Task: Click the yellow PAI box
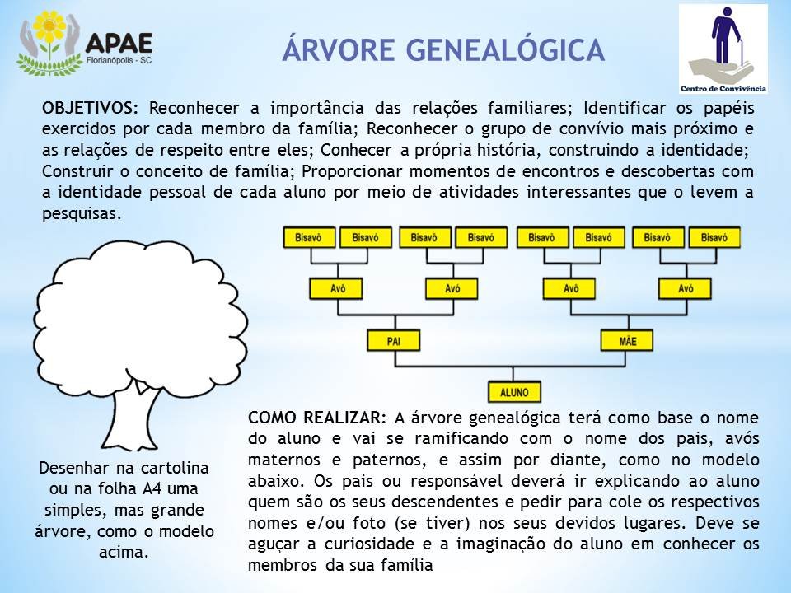pyautogui.click(x=394, y=341)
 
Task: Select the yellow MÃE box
pyautogui.click(x=627, y=341)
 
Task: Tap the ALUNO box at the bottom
pyautogui.click(x=514, y=392)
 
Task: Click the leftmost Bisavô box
pyautogui.click(x=309, y=237)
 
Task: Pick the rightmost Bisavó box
pyautogui.click(x=714, y=237)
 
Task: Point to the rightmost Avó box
pyautogui.click(x=685, y=289)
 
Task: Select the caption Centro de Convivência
pyautogui.click(x=723, y=89)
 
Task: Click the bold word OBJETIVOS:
pyautogui.click(x=90, y=108)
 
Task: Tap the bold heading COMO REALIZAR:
pyautogui.click(x=317, y=418)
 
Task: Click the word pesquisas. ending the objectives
pyautogui.click(x=82, y=214)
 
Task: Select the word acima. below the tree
pyautogui.click(x=124, y=552)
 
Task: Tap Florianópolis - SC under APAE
pyautogui.click(x=119, y=60)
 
